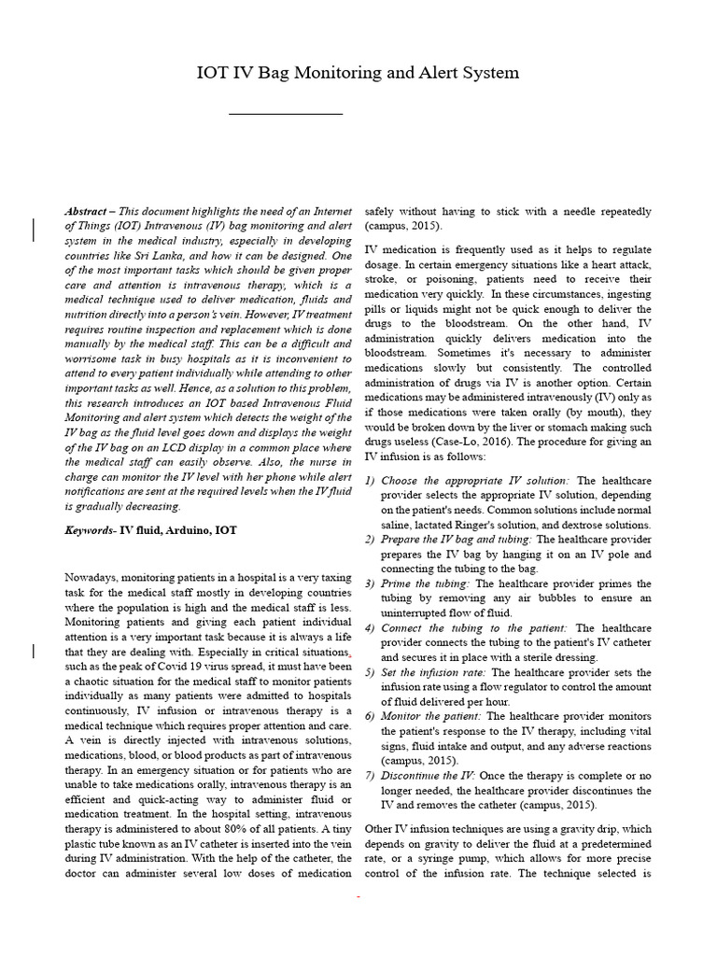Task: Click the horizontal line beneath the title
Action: click(x=286, y=114)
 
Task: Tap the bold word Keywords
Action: click(x=88, y=529)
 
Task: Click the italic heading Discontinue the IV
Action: click(x=429, y=776)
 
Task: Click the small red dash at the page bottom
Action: click(x=358, y=896)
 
